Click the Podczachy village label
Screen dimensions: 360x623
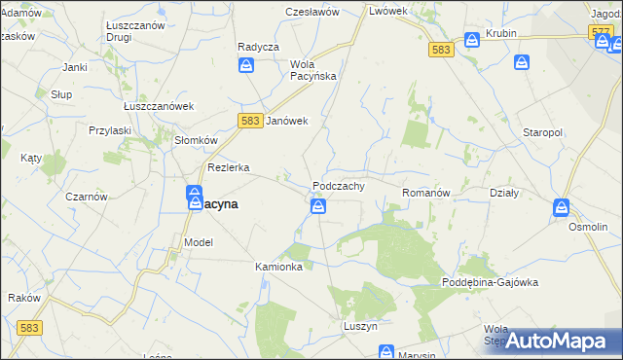point(339,186)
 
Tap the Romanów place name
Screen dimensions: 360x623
point(426,194)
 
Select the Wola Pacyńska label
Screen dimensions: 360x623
point(312,70)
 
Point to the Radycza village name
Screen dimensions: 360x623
point(258,47)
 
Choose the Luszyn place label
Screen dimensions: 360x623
point(360,327)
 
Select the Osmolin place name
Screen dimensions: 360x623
point(588,226)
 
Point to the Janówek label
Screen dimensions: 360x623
point(287,121)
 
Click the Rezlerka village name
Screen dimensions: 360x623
point(229,167)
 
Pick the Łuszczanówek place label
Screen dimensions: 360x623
point(160,107)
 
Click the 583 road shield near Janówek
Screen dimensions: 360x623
point(248,119)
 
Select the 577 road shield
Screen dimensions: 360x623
point(601,32)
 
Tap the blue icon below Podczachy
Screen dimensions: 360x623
point(318,206)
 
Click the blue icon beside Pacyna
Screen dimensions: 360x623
point(195,197)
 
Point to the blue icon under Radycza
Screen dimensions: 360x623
point(247,65)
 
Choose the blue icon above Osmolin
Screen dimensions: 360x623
point(562,207)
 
